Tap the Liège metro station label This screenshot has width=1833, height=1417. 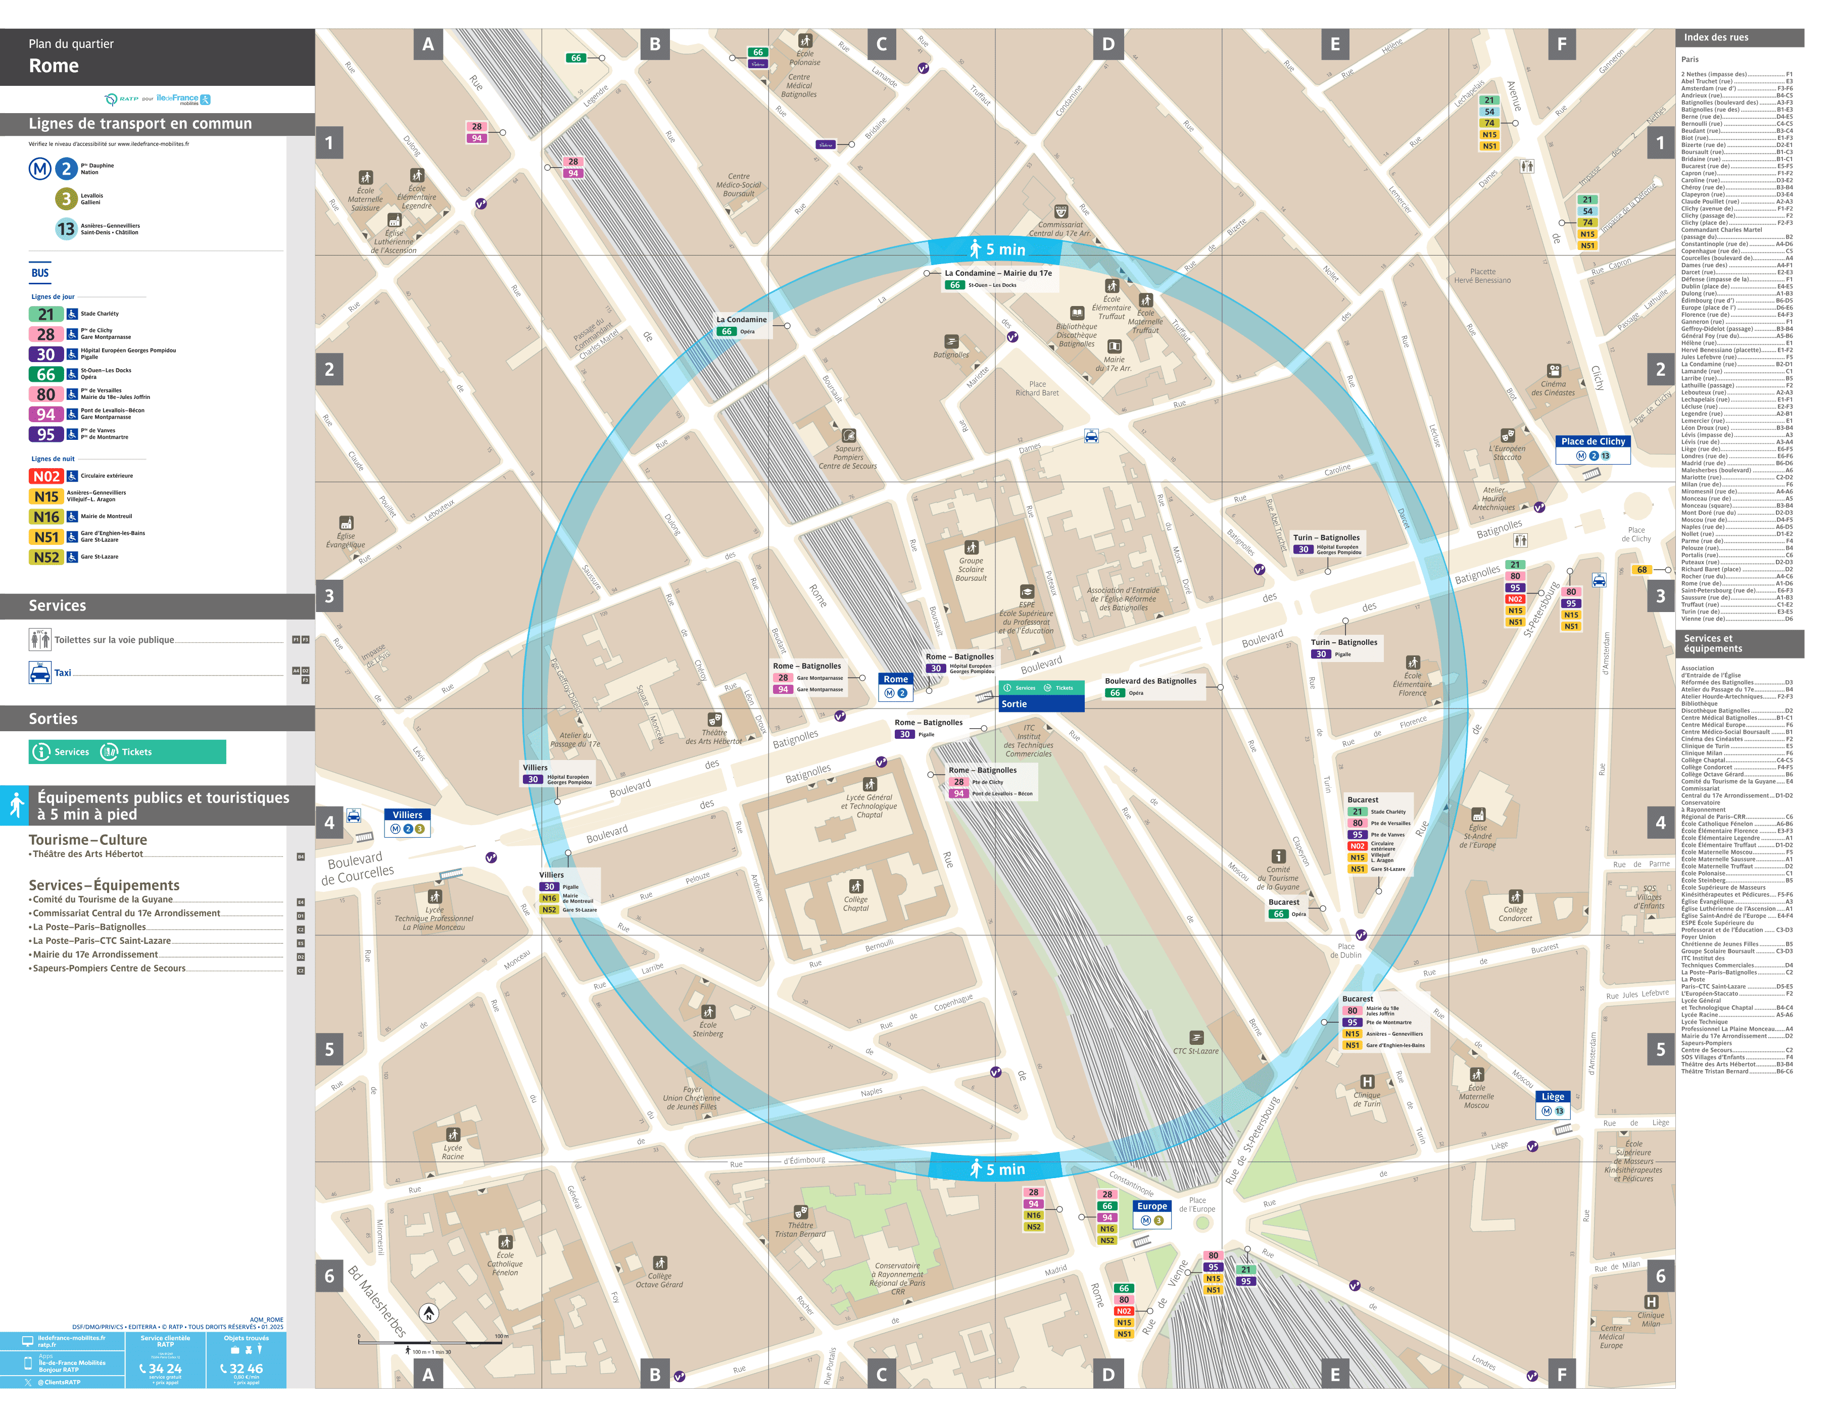pyautogui.click(x=1552, y=1096)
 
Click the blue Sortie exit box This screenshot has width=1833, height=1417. pyautogui.click(x=1041, y=704)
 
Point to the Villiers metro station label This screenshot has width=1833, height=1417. pyautogui.click(x=407, y=815)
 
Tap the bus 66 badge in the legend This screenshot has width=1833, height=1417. pyautogui.click(x=46, y=374)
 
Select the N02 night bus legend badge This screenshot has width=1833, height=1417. pyautogui.click(x=46, y=477)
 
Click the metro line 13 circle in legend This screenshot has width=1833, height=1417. pyautogui.click(x=66, y=229)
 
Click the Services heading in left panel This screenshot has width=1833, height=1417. pyautogui.click(x=57, y=605)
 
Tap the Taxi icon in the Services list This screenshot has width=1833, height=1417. pyautogui.click(x=39, y=673)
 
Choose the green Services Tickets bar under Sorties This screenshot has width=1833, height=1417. pyautogui.click(x=127, y=752)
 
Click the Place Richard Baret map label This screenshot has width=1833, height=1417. pyautogui.click(x=1037, y=388)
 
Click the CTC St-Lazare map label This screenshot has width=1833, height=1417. pyautogui.click(x=1195, y=1050)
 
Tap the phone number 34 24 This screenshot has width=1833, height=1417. pyautogui.click(x=165, y=1369)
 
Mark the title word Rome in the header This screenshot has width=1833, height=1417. pyautogui.click(x=54, y=66)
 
